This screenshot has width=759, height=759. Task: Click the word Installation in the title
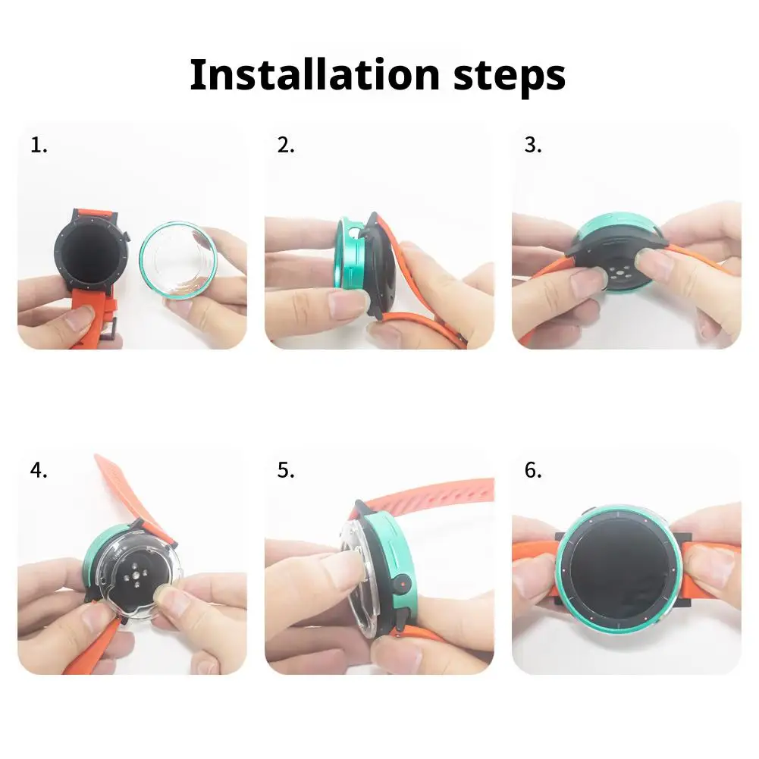click(315, 74)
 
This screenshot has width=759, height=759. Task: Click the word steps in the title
click(510, 77)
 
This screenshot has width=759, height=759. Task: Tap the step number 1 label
click(39, 146)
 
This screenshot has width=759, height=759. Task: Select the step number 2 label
click(286, 146)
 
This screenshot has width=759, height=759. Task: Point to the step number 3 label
click(533, 146)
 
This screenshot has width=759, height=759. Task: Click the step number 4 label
click(39, 470)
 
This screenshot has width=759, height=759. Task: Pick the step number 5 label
click(286, 470)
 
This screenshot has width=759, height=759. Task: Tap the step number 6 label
click(533, 470)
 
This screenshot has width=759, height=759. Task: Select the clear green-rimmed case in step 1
click(178, 260)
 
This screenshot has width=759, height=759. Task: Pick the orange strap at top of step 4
click(130, 489)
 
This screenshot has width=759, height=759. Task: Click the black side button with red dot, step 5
click(402, 584)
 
